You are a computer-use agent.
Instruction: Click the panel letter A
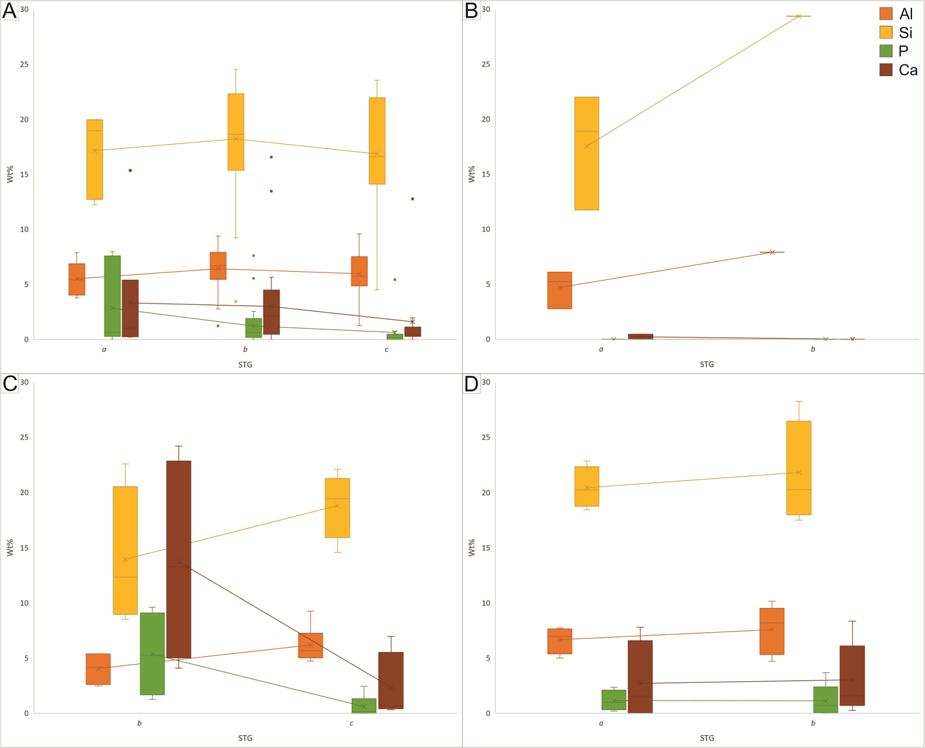(x=9, y=10)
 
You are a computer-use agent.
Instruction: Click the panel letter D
(x=471, y=384)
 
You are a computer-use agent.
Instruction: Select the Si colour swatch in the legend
(x=886, y=32)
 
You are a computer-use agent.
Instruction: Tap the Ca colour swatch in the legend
(x=886, y=70)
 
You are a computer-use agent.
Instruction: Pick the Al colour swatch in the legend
(x=886, y=14)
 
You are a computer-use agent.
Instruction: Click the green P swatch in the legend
(x=886, y=51)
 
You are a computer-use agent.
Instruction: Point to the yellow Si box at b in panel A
(x=236, y=132)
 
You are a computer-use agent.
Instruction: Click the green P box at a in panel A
(x=112, y=296)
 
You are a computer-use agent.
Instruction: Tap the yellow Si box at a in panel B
(x=587, y=153)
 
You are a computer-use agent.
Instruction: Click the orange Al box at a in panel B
(x=560, y=290)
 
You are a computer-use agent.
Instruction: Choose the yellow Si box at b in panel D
(x=799, y=468)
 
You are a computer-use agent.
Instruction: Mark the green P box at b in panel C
(x=152, y=654)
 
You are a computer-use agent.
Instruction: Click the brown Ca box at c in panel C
(x=391, y=681)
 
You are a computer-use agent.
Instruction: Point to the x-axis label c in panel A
(x=386, y=350)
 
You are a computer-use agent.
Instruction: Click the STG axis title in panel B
(x=707, y=364)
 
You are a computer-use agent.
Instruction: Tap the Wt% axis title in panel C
(x=10, y=548)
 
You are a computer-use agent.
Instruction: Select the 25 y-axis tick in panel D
(x=486, y=437)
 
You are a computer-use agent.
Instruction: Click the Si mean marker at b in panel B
(x=799, y=17)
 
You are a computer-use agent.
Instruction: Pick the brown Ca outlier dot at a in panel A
(x=131, y=170)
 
